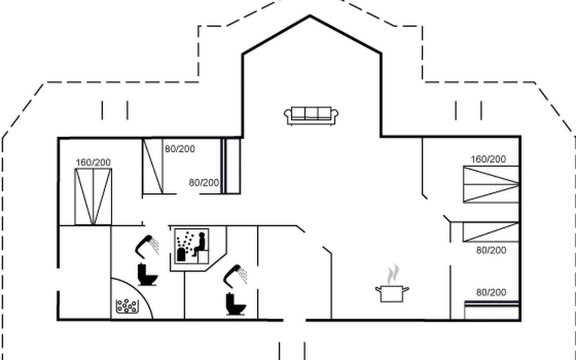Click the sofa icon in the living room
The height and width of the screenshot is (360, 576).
[311, 116]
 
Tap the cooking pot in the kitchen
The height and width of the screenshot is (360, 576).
[392, 293]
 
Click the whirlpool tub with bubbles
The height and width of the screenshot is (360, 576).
[127, 306]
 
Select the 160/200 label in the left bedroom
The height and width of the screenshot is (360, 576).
[93, 163]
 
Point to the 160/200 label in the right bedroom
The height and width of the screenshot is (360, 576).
[488, 159]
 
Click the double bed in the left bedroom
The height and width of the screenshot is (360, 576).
[93, 196]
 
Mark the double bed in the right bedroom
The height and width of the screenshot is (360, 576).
[491, 184]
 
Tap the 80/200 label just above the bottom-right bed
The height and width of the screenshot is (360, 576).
[491, 292]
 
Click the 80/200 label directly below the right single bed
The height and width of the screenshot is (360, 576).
[491, 250]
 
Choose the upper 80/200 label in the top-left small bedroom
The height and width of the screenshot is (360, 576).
[180, 149]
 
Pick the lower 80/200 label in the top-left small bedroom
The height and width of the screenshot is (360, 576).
[204, 183]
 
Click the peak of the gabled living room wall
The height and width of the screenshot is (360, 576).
[310, 16]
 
